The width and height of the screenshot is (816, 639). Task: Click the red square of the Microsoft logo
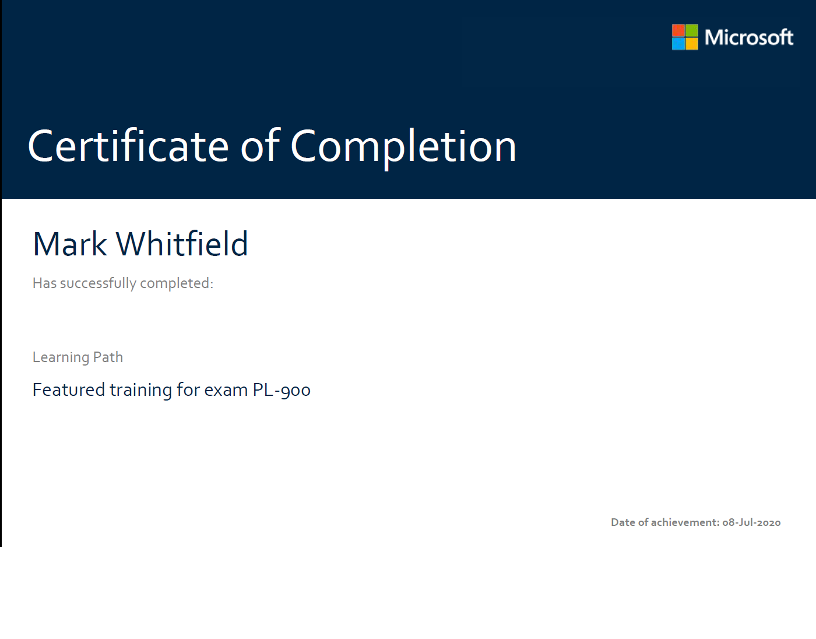coord(678,30)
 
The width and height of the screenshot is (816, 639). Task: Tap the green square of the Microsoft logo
coord(692,30)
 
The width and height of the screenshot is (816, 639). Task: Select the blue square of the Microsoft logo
coord(678,44)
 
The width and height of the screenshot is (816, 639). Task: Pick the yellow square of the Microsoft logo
coord(692,44)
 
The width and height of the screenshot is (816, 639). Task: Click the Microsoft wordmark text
coord(749,37)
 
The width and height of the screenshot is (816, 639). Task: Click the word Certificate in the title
coord(128,145)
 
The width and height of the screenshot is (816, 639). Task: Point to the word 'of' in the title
coord(260,145)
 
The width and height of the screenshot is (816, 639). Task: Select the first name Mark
coord(70,244)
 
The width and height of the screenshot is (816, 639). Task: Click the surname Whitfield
coord(182,243)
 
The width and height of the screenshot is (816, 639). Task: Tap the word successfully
coord(98,283)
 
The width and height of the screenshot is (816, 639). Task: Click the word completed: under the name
coord(177,283)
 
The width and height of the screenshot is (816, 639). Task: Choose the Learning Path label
coord(78,357)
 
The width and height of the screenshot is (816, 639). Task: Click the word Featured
coord(69,389)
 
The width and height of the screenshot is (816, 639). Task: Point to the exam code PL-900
coord(282,390)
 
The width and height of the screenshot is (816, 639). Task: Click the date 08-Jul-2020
coord(751,522)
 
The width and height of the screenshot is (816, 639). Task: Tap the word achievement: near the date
coord(685,522)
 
